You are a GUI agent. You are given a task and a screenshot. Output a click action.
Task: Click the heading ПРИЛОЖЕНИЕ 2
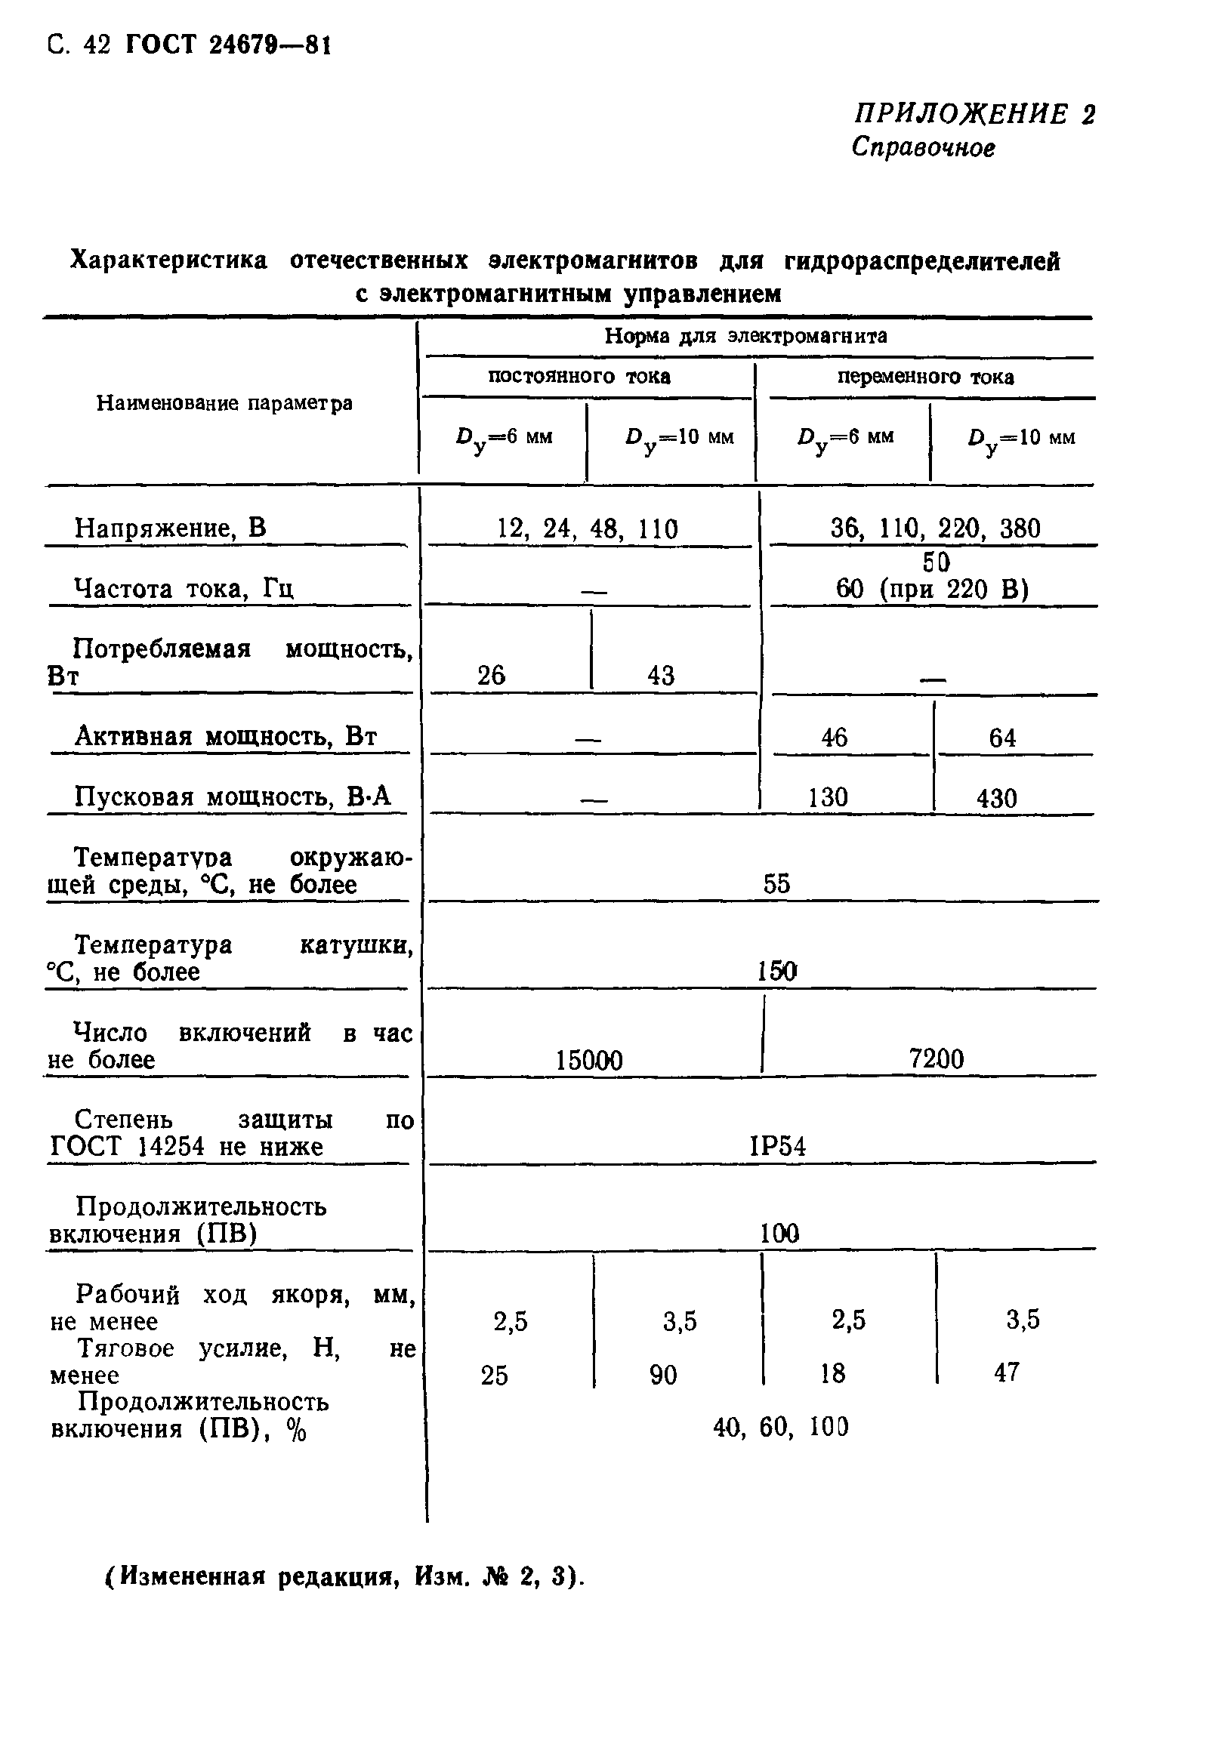tap(974, 114)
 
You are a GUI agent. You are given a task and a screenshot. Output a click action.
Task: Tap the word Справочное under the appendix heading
tap(922, 147)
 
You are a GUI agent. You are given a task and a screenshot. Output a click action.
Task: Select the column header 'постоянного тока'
tap(579, 377)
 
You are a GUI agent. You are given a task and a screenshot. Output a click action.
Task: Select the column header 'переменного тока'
tap(925, 377)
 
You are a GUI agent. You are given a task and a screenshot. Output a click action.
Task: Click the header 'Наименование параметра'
tap(224, 403)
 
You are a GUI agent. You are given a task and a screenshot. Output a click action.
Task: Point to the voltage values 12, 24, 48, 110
tap(587, 528)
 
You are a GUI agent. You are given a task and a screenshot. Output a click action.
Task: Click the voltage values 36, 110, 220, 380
tap(935, 528)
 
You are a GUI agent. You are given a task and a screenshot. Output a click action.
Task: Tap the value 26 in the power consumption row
tap(491, 675)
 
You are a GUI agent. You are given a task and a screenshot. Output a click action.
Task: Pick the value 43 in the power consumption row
tap(661, 675)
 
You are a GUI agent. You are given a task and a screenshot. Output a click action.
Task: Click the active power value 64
tap(1002, 738)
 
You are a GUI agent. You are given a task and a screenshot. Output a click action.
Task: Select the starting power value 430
tap(996, 799)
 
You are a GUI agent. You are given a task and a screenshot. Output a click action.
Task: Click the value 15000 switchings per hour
tap(588, 1060)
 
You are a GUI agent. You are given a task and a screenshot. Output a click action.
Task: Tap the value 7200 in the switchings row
tap(936, 1058)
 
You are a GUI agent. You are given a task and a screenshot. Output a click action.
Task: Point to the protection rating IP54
tap(778, 1146)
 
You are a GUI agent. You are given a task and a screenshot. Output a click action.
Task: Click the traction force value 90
tap(663, 1375)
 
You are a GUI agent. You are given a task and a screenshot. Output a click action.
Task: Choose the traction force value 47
tap(1006, 1373)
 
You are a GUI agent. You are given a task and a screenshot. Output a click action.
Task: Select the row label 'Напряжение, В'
tap(170, 528)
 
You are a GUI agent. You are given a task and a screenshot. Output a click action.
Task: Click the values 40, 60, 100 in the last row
tap(781, 1427)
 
